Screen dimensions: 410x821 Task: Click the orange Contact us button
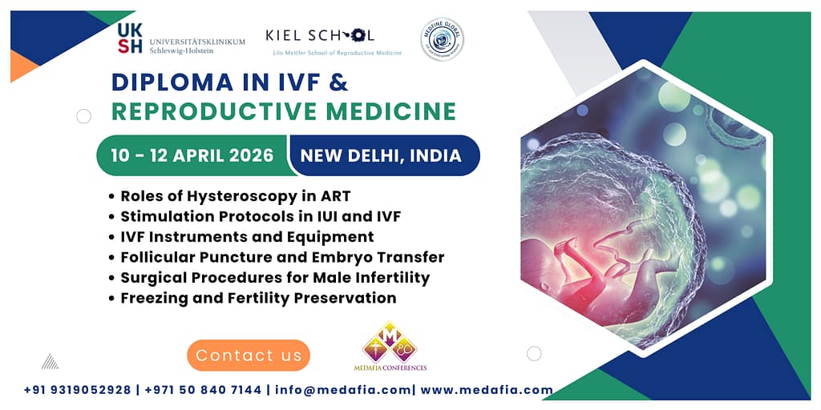point(249,355)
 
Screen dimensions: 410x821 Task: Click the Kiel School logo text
point(320,35)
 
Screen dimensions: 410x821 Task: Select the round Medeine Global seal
point(442,39)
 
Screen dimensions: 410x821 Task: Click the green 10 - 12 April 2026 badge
point(192,155)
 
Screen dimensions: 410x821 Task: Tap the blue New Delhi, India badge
point(382,155)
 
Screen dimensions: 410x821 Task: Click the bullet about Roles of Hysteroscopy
point(235,195)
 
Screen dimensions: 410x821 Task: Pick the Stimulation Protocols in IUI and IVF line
point(261,216)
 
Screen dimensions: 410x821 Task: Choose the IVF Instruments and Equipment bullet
point(247,237)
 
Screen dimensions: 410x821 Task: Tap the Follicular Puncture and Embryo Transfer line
point(282,257)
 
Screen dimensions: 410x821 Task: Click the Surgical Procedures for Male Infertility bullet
point(275,278)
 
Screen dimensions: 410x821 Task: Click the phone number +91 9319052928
point(77,390)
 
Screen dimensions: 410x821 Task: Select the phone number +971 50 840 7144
point(201,390)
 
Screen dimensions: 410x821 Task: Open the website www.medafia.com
point(486,390)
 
